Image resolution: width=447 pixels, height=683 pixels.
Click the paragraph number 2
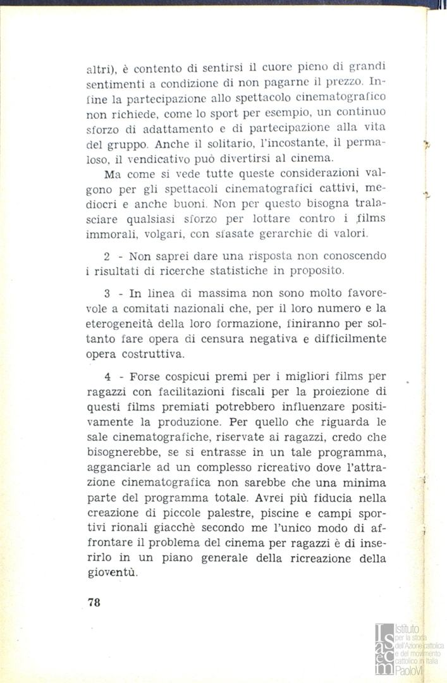107,257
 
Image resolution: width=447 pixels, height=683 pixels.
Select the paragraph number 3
107,295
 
